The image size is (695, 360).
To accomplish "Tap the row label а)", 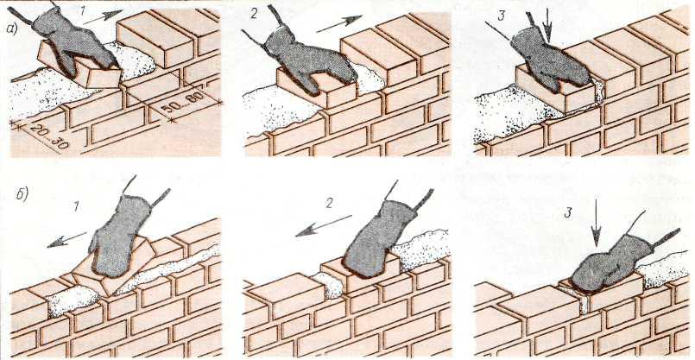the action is pos(12,28).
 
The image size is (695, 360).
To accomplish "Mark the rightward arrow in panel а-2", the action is pos(339,24).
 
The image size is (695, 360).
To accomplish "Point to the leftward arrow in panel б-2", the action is pos(324,225).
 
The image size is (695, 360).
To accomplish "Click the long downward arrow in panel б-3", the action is pos(597,223).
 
